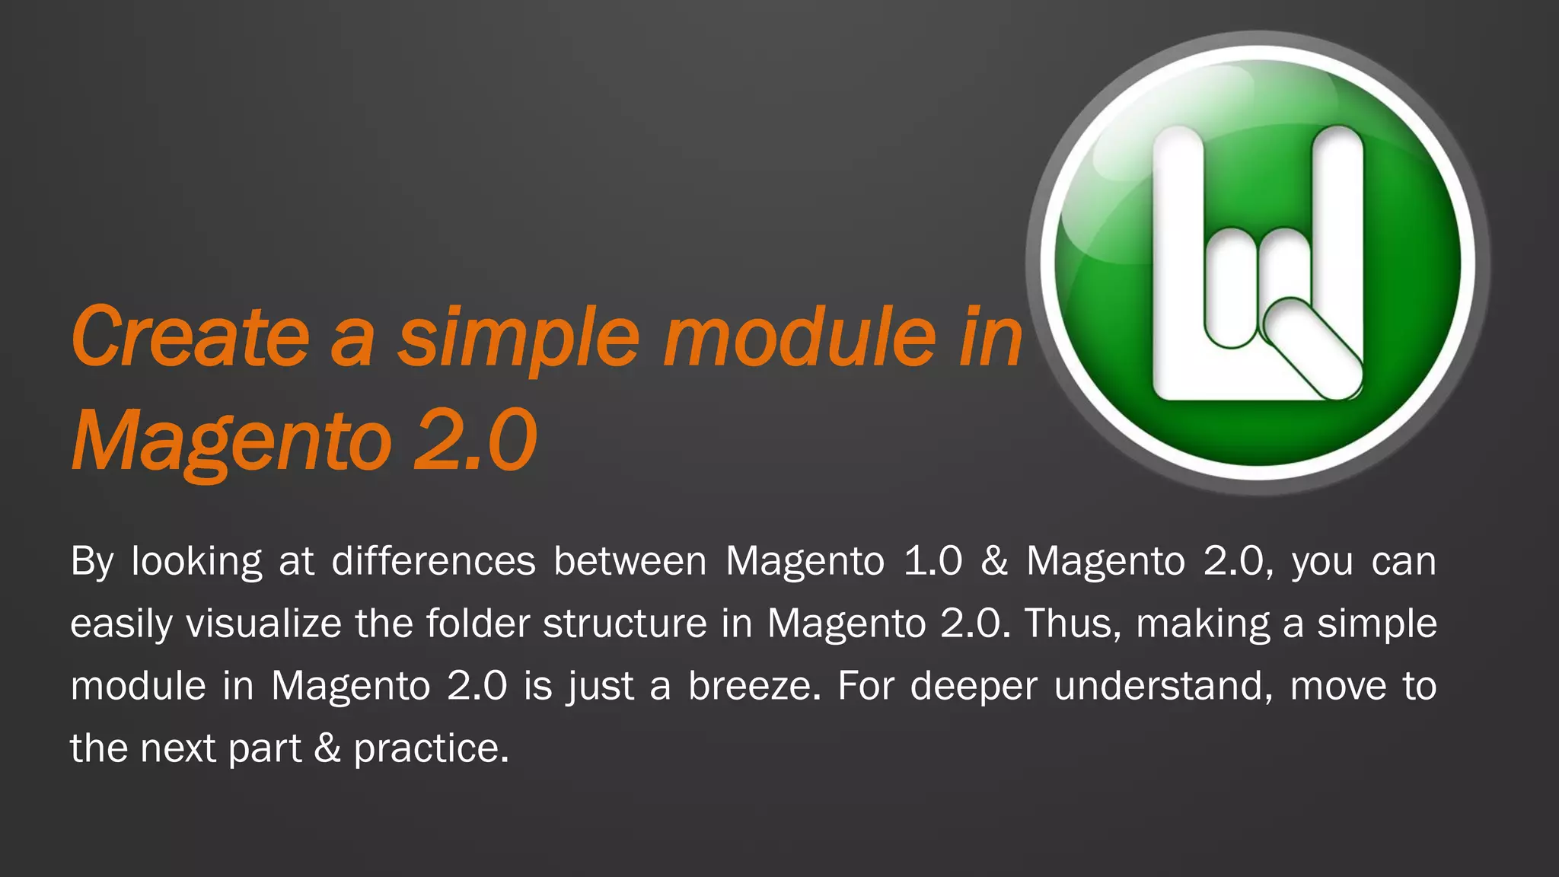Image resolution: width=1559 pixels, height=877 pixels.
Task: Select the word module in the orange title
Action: click(799, 336)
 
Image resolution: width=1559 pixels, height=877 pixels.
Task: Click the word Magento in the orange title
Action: click(228, 442)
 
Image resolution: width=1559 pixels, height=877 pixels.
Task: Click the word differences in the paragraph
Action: click(433, 561)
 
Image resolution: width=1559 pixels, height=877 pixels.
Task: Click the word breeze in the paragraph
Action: click(754, 686)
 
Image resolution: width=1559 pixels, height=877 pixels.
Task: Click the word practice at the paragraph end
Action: click(430, 748)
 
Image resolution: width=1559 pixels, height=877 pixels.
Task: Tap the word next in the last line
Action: click(178, 748)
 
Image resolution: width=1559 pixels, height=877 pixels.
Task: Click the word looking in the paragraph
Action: click(196, 561)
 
